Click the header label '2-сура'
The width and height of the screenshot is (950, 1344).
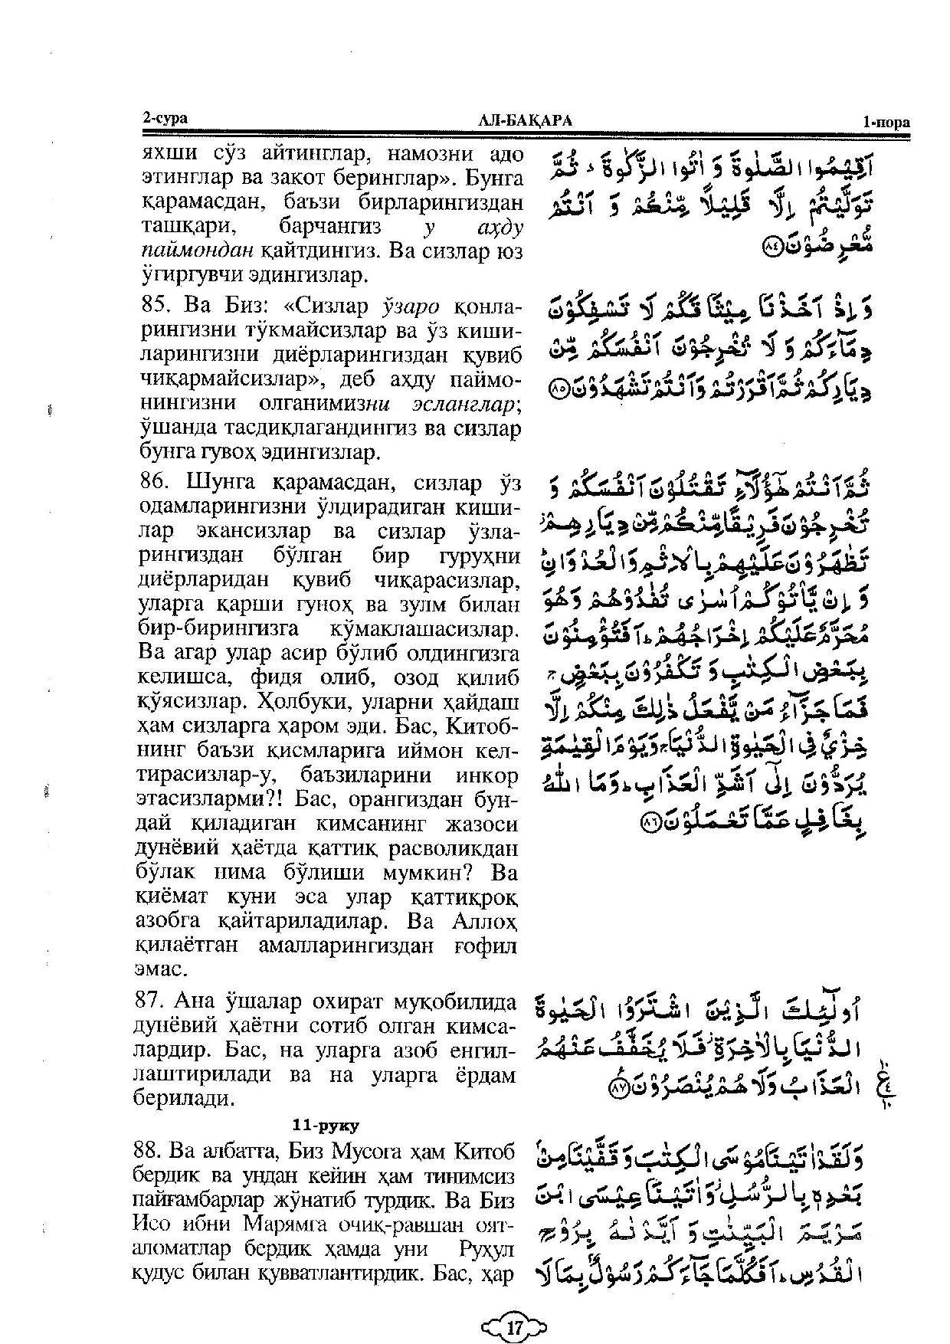coord(165,118)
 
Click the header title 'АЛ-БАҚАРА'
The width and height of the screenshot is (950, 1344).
coord(525,120)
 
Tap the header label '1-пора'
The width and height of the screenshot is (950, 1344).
coord(885,122)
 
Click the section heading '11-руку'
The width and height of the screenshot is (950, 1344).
coord(326,1126)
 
